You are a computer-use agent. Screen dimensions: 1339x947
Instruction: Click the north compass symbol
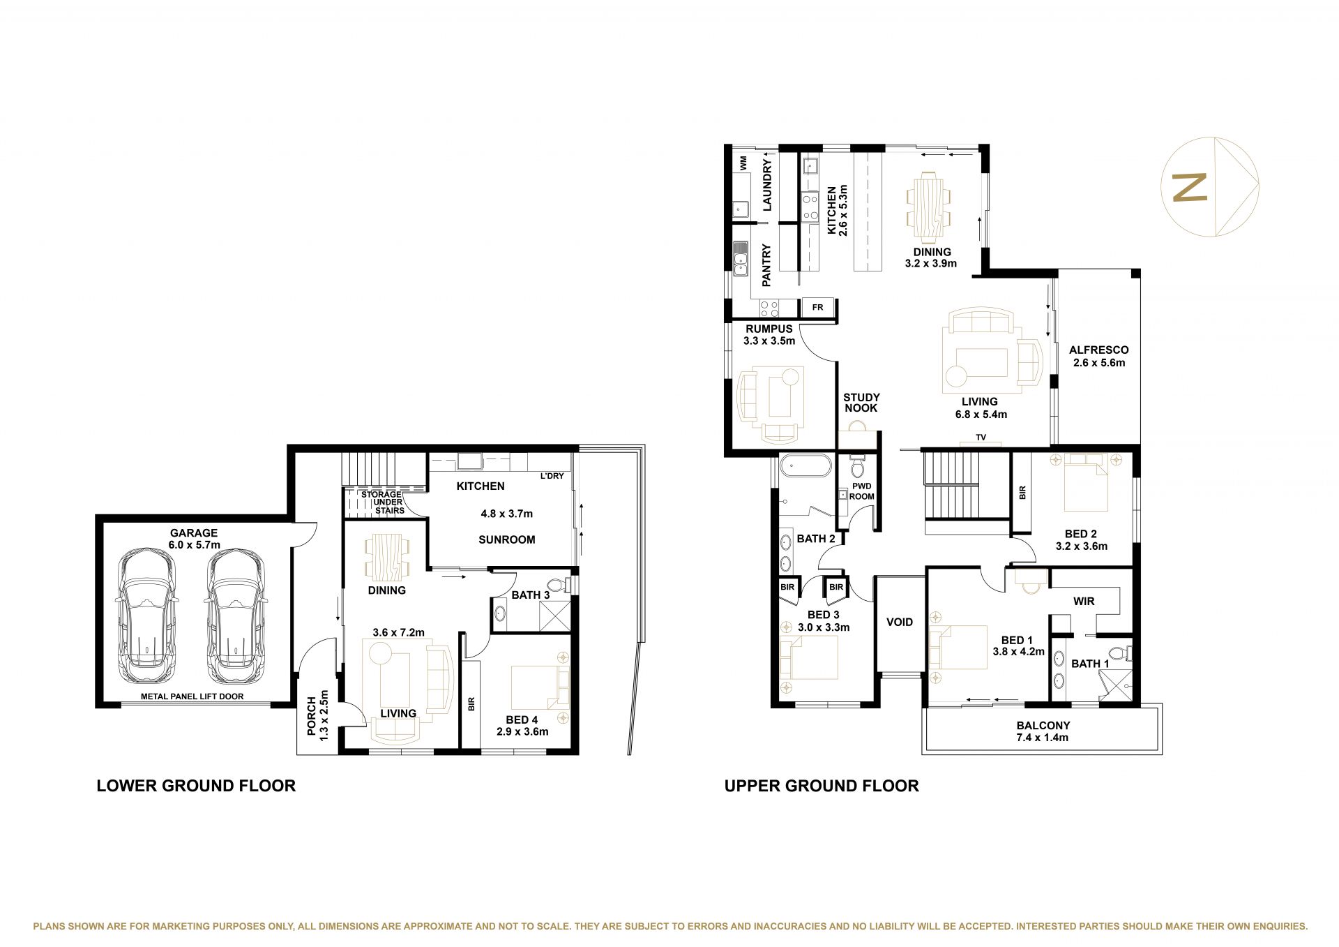(1209, 187)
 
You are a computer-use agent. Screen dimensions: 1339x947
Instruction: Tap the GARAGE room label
(194, 532)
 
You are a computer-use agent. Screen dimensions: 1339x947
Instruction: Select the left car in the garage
(147, 617)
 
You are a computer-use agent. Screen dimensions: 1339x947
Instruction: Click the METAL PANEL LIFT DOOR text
(192, 696)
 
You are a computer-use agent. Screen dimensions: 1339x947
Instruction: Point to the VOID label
(900, 622)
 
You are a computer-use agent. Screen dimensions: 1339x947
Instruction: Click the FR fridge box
(818, 307)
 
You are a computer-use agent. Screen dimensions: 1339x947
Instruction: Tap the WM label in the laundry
(743, 163)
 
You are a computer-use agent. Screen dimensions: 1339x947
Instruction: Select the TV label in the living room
(981, 438)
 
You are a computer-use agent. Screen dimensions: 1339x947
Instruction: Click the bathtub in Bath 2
(805, 465)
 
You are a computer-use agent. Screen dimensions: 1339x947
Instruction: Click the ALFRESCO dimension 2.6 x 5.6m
(1099, 363)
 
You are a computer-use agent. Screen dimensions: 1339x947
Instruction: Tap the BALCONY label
(1043, 725)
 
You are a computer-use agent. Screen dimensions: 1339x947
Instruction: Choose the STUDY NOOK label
(861, 403)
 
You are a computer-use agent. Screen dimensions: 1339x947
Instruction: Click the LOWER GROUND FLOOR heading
(196, 786)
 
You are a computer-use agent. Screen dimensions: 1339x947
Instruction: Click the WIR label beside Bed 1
(1084, 601)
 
